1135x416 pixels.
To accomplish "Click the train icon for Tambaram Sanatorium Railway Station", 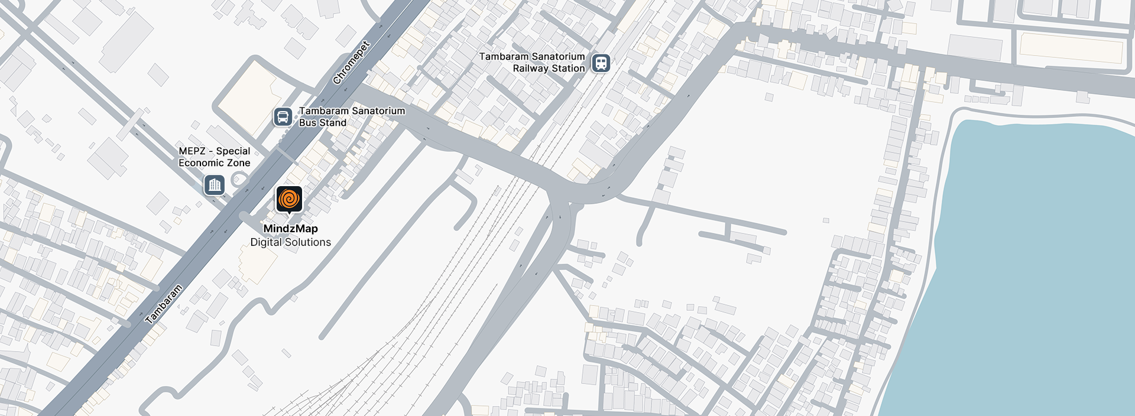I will pos(601,63).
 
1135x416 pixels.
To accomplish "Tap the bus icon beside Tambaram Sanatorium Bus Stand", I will pos(283,117).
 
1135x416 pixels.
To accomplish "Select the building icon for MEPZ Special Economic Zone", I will pos(214,186).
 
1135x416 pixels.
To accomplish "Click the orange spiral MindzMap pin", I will pos(289,199).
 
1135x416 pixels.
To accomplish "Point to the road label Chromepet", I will pos(351,63).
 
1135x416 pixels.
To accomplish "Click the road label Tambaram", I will pos(164,304).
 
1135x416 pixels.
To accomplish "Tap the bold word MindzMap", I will pos(290,229).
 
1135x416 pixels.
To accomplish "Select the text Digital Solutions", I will pos(290,242).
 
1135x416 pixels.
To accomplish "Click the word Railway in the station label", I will pos(530,69).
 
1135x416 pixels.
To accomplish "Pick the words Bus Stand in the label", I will pos(322,123).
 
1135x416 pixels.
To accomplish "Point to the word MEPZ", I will pos(192,151).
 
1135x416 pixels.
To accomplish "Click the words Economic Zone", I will pos(214,163).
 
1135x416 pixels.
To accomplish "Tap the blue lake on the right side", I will pos(1029,266).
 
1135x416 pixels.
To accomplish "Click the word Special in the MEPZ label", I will pos(233,151).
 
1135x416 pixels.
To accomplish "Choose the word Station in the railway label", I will pos(568,69).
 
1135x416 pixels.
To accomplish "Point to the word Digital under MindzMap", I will pos(266,242).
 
